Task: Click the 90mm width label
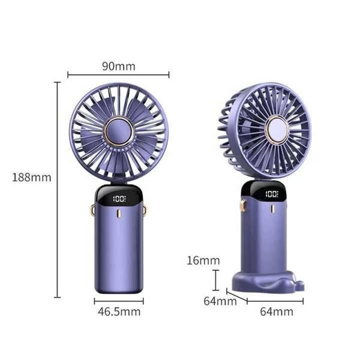118,66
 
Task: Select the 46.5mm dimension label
119,311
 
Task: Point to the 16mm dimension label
202,260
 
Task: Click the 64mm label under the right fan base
277,311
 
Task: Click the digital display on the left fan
119,199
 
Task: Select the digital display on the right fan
271,194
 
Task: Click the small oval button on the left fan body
119,215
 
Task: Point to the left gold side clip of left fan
93,210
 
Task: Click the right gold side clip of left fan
145,210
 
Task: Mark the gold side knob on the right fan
244,206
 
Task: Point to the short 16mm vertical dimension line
215,280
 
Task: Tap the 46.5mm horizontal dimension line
119,301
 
